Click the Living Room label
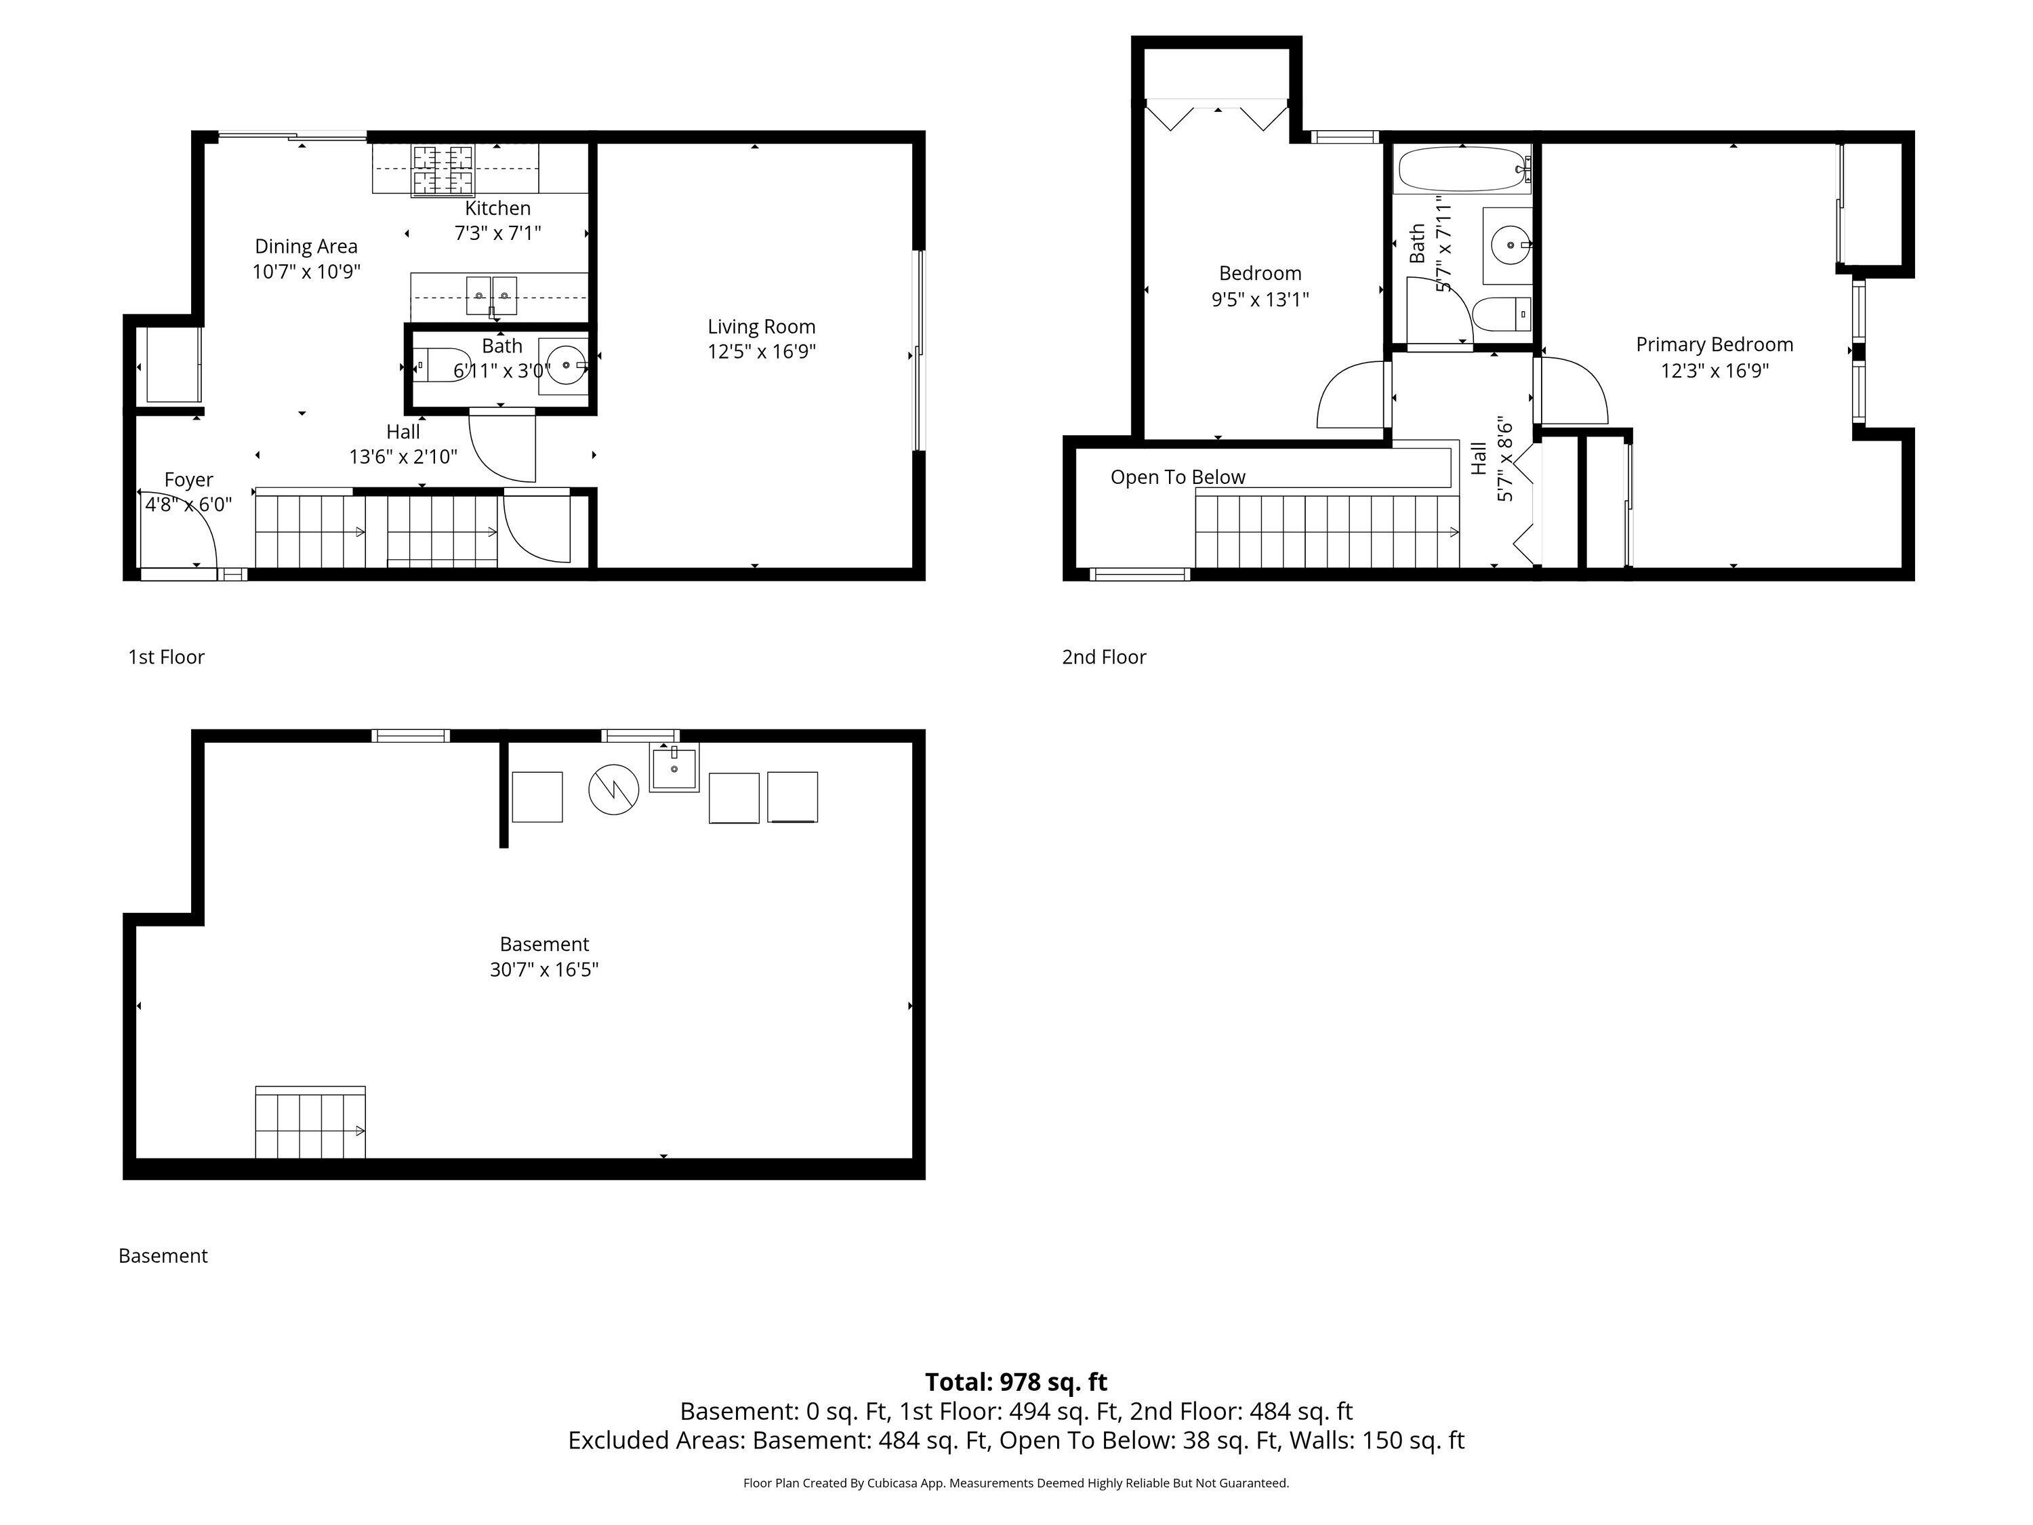761,326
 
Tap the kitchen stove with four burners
441,169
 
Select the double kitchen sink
492,294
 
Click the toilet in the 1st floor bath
440,365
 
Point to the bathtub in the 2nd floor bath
1461,169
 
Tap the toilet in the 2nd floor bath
1502,315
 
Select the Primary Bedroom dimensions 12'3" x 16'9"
1714,371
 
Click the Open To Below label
1177,477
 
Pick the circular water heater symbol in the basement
613,789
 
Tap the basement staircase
310,1123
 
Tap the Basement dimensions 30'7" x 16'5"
544,970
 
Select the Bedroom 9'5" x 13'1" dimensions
1259,299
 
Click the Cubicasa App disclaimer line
1016,1483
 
